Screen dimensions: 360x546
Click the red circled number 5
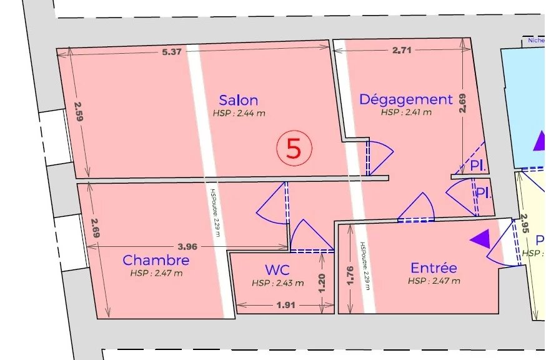[294, 148]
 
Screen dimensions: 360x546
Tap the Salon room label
[238, 100]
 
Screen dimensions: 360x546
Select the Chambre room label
[156, 260]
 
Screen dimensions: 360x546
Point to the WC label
[277, 270]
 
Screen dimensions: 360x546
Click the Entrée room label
[434, 268]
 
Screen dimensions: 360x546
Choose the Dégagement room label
[405, 99]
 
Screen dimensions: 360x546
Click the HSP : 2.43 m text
[277, 282]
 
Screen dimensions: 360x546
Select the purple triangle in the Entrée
[480, 238]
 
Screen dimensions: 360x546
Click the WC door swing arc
[312, 236]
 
